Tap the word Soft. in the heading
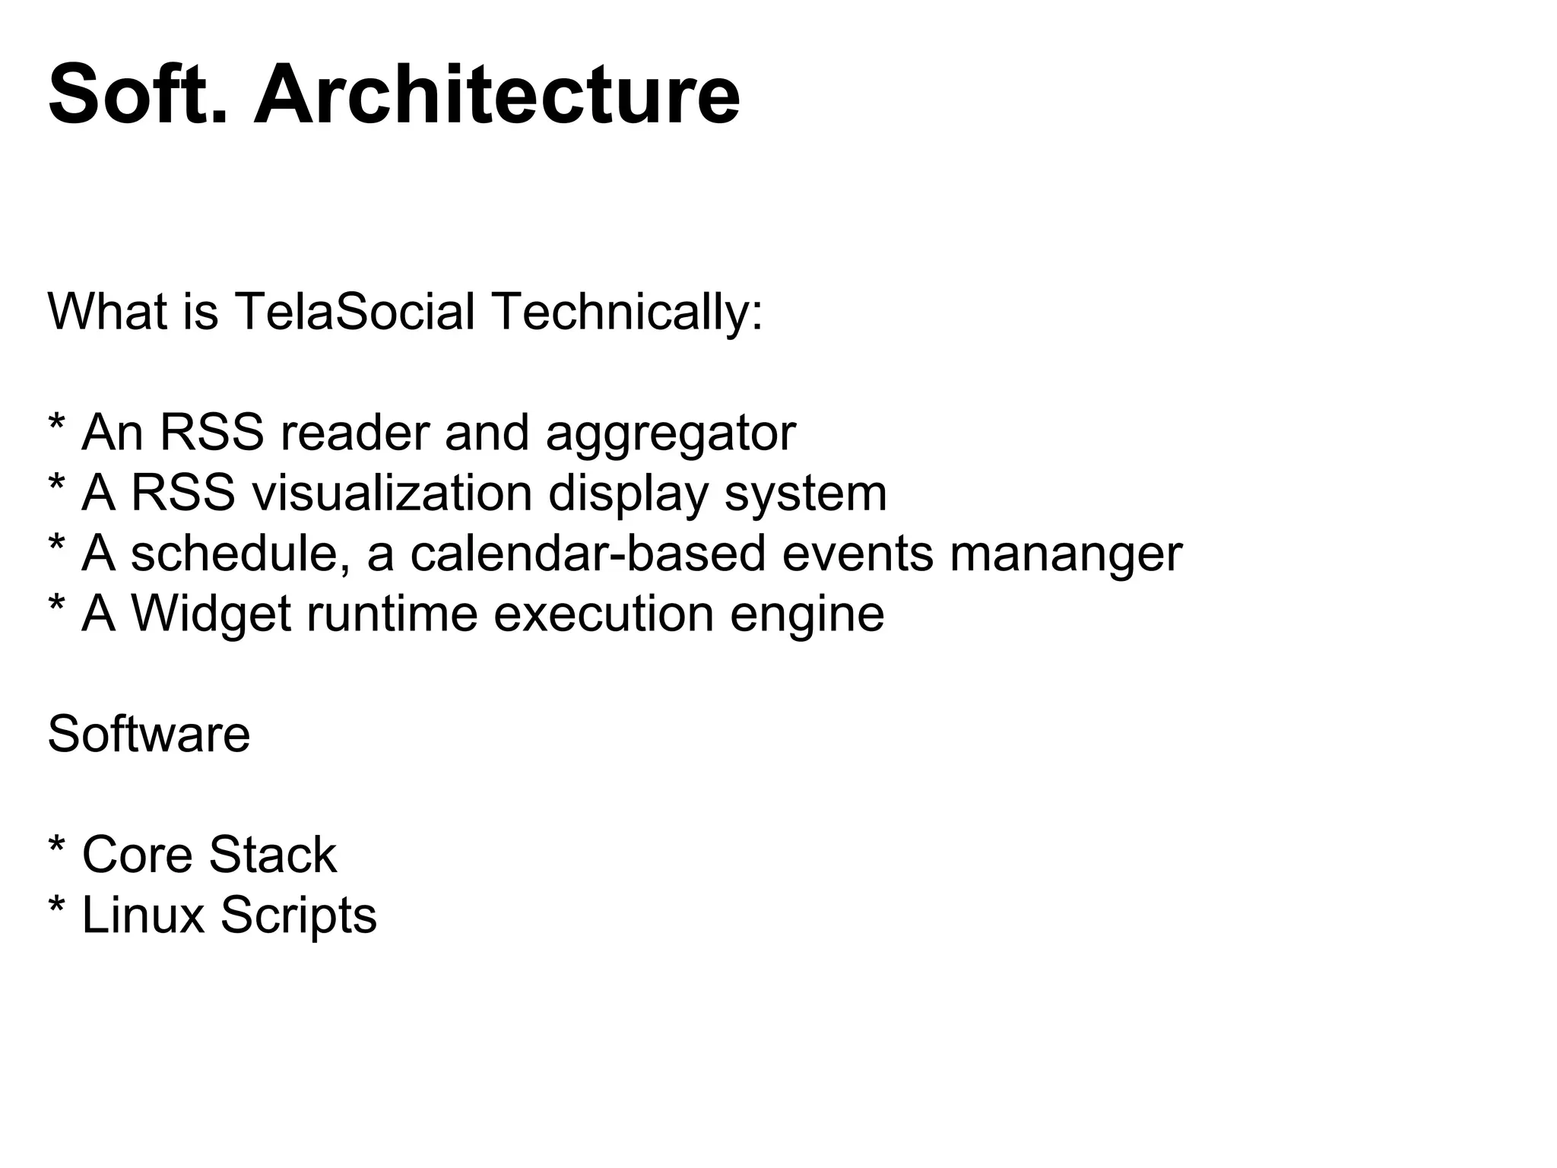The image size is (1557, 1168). pyautogui.click(x=138, y=96)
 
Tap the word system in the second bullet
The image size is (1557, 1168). pyautogui.click(x=806, y=495)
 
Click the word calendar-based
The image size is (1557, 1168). pyautogui.click(x=587, y=554)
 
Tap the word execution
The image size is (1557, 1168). pyautogui.click(x=604, y=614)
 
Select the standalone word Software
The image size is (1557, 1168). pyautogui.click(x=149, y=735)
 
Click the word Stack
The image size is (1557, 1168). pyautogui.click(x=272, y=855)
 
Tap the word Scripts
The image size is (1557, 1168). pyautogui.click(x=298, y=916)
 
